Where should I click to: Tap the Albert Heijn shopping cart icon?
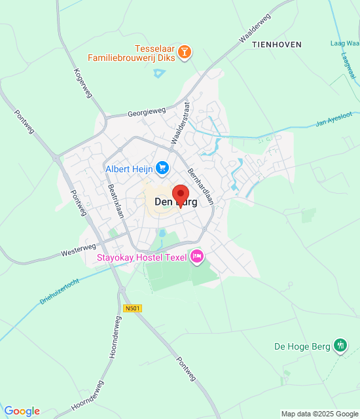162,169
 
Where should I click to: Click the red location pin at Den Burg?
180,195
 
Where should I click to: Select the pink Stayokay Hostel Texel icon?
196,257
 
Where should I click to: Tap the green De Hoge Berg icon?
340,345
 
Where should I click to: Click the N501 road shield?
132,308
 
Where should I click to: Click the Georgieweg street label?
147,113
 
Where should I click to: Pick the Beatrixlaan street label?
116,205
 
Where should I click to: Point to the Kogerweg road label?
84,83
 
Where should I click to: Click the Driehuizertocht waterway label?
58,289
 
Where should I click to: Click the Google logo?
22,411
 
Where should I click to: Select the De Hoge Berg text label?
302,346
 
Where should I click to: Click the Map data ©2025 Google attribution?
319,414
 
